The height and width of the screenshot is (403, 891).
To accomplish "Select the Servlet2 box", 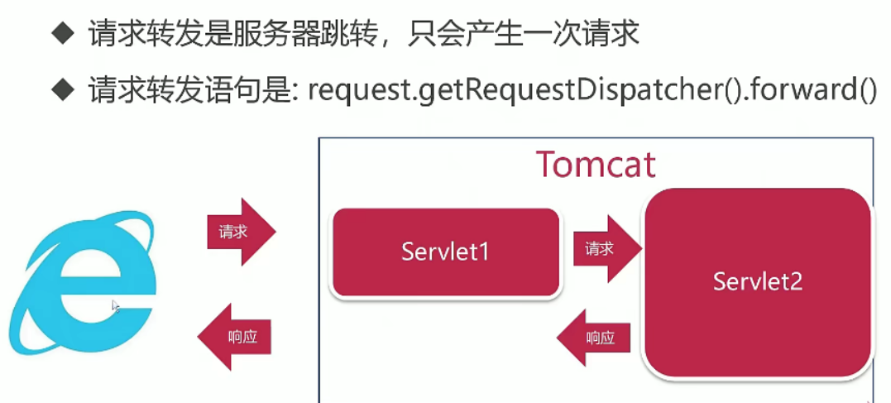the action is pyautogui.click(x=758, y=282).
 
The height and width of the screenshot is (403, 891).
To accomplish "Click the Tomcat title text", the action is pyautogui.click(x=596, y=165).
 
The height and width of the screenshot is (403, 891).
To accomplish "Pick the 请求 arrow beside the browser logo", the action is pyautogui.click(x=242, y=232).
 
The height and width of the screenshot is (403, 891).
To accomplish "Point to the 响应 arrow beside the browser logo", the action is pyautogui.click(x=233, y=337).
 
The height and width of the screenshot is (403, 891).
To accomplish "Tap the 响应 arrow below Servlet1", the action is pyautogui.click(x=594, y=338).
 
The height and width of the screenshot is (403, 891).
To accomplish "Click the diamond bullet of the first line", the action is pyautogui.click(x=63, y=36).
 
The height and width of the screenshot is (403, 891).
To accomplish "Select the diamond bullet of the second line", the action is pyautogui.click(x=63, y=90).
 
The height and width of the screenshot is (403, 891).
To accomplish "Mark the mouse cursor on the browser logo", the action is pyautogui.click(x=116, y=306).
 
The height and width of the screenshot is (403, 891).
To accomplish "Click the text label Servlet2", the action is pyautogui.click(x=758, y=281).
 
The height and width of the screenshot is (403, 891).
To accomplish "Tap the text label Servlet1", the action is pyautogui.click(x=445, y=252).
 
